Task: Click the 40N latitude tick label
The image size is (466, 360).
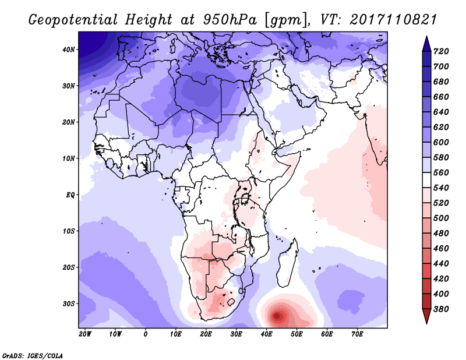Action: click(69, 50)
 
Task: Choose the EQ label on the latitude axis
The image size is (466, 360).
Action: click(70, 195)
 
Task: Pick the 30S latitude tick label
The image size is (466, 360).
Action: click(69, 303)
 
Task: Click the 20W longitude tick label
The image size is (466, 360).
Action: click(85, 334)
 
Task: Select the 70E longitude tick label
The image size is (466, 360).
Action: click(358, 334)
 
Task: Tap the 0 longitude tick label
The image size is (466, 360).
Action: click(146, 334)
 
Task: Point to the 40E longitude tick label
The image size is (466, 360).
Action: click(267, 334)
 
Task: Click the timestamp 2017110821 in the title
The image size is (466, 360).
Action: click(393, 20)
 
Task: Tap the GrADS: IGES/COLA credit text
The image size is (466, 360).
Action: click(33, 355)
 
